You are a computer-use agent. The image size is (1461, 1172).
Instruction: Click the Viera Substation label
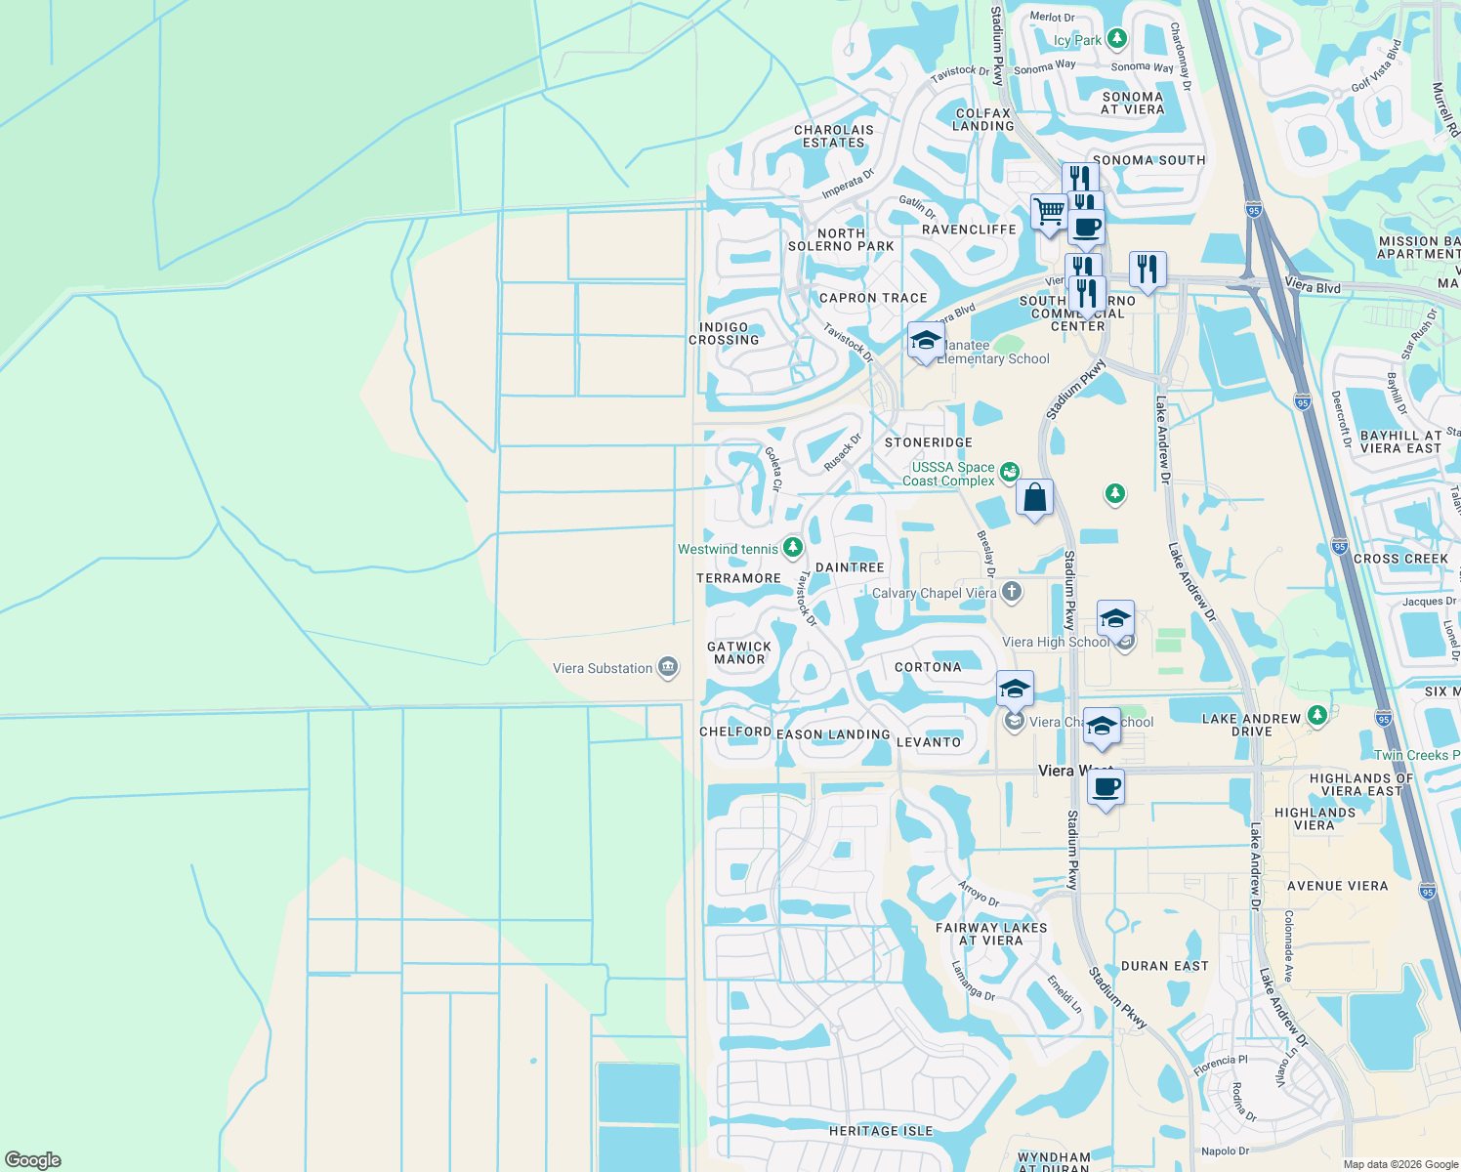[x=603, y=669]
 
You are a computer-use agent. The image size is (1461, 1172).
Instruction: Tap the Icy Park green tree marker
[x=1117, y=40]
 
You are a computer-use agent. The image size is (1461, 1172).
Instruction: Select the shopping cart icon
[x=1049, y=211]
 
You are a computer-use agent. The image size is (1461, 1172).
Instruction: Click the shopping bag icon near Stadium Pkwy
[x=1034, y=497]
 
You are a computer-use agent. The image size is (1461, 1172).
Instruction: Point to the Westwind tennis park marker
[x=792, y=548]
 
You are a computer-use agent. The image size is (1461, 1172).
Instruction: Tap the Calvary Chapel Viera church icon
[x=1012, y=592]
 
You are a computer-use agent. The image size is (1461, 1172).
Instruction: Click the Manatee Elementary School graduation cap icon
[x=924, y=341]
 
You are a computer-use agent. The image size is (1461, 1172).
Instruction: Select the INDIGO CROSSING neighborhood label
[x=724, y=334]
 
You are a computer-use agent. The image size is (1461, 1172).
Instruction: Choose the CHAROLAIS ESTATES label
[x=834, y=136]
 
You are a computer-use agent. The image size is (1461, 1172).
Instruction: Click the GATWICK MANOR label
[x=739, y=652]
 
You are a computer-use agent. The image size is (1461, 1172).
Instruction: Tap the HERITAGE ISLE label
[x=881, y=1131]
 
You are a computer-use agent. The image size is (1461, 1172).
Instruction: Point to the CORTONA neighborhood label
[x=928, y=667]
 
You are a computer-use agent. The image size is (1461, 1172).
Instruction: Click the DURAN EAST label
[x=1165, y=966]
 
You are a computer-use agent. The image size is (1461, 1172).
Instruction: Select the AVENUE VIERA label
[x=1337, y=886]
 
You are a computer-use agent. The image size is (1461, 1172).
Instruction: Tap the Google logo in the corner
[x=33, y=1160]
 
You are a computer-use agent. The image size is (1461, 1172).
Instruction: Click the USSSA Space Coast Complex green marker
[x=1009, y=471]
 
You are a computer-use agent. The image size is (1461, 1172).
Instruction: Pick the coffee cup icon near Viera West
[x=1106, y=787]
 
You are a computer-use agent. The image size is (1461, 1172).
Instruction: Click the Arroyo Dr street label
[x=979, y=893]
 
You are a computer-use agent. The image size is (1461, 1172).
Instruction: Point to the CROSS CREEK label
[x=1400, y=559]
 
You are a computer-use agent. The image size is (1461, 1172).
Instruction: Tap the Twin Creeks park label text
[x=1416, y=755]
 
